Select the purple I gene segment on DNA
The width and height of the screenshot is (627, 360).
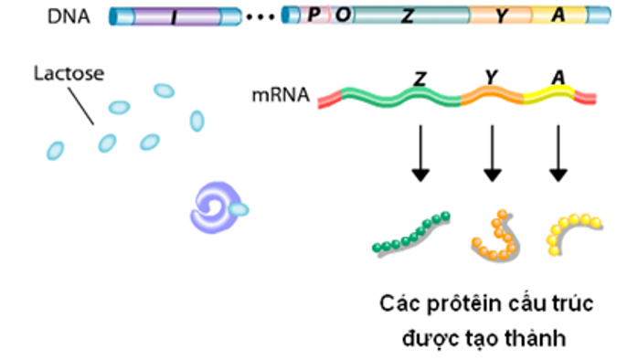pos(175,16)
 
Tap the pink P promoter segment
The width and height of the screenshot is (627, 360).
pos(313,16)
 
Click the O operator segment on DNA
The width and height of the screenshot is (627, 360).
pos(341,16)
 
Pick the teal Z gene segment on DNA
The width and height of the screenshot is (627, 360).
pos(411,16)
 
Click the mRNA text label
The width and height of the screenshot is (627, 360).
pos(282,94)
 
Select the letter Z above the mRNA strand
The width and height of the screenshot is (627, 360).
pos(420,79)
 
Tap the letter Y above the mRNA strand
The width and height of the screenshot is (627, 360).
pos(492,79)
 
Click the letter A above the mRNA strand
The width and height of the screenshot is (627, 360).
pos(558,79)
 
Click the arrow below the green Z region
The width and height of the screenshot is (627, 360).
pos(420,151)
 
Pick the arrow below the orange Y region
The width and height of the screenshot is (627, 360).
pos(493,151)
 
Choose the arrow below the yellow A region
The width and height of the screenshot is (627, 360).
pos(558,151)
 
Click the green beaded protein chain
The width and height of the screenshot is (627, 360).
pos(411,233)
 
